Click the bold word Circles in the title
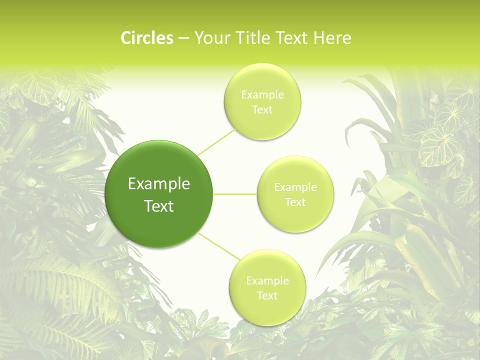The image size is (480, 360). pos(146,38)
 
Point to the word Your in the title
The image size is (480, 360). pos(210,38)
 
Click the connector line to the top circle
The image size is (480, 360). pos(216,141)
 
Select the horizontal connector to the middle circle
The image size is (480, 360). pos(235,194)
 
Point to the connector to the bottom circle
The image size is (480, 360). pos(219,246)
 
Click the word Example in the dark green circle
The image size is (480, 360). pos(159,184)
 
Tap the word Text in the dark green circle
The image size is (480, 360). pos(159,206)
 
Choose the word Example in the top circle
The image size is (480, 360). pos(262,95)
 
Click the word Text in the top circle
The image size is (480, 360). pos(262,110)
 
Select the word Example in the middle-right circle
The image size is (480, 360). pos(295,187)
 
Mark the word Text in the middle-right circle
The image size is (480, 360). pos(295,202)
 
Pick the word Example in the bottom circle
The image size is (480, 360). pos(267,281)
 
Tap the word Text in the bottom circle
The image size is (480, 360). pos(267,296)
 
